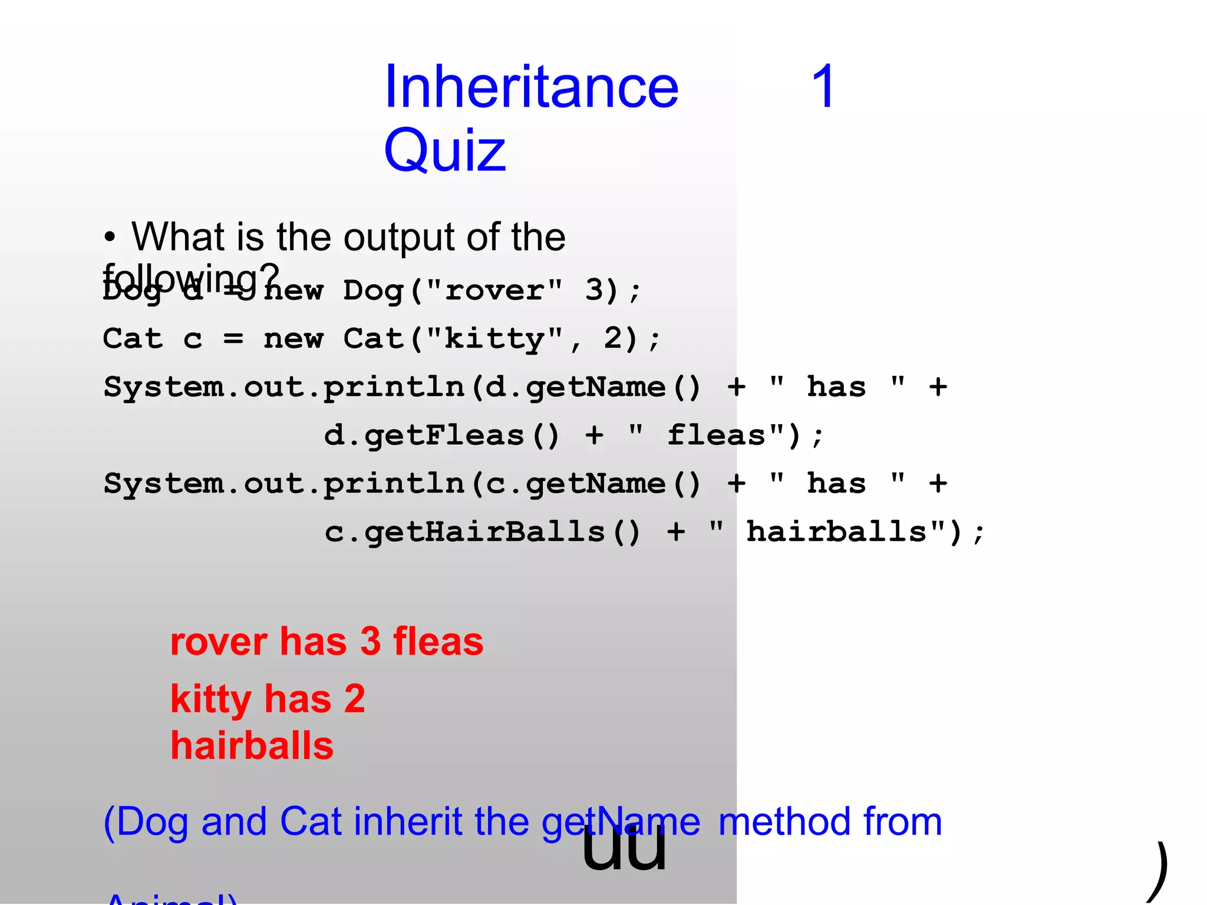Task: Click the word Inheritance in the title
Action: coord(531,87)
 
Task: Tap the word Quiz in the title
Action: coord(445,151)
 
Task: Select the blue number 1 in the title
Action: coord(823,87)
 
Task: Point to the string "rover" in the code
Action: coord(494,290)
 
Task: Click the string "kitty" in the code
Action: coord(494,339)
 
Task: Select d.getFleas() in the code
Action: coord(441,436)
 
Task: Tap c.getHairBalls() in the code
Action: coord(482,532)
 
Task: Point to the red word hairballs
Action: coord(252,746)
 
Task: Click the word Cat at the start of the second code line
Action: coord(133,339)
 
